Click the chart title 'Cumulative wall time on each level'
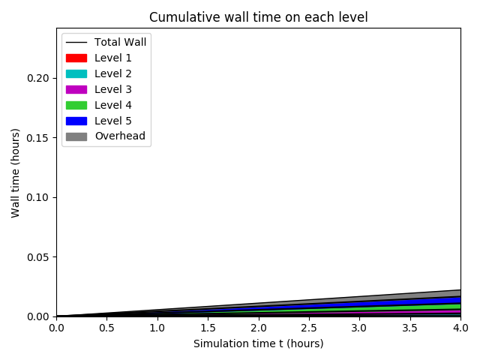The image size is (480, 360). pos(258,17)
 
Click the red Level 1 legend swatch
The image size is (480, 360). pos(76,58)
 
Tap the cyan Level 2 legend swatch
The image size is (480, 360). pos(76,73)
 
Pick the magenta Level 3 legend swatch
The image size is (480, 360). pos(76,89)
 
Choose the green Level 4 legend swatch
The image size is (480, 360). pos(76,105)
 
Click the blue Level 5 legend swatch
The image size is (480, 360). pos(76,121)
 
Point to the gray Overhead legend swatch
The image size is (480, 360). pos(76,136)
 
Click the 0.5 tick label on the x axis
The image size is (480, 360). pos(106,328)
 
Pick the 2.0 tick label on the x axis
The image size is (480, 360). pos(258,328)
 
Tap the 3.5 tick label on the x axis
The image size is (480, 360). pos(409,328)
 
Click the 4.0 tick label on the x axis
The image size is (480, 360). pos(460,328)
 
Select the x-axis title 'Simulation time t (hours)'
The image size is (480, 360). pos(258,343)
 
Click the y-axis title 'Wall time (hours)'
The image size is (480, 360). pos(15,172)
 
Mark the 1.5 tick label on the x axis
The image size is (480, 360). pos(208,328)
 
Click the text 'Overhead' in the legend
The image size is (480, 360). pos(119,136)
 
